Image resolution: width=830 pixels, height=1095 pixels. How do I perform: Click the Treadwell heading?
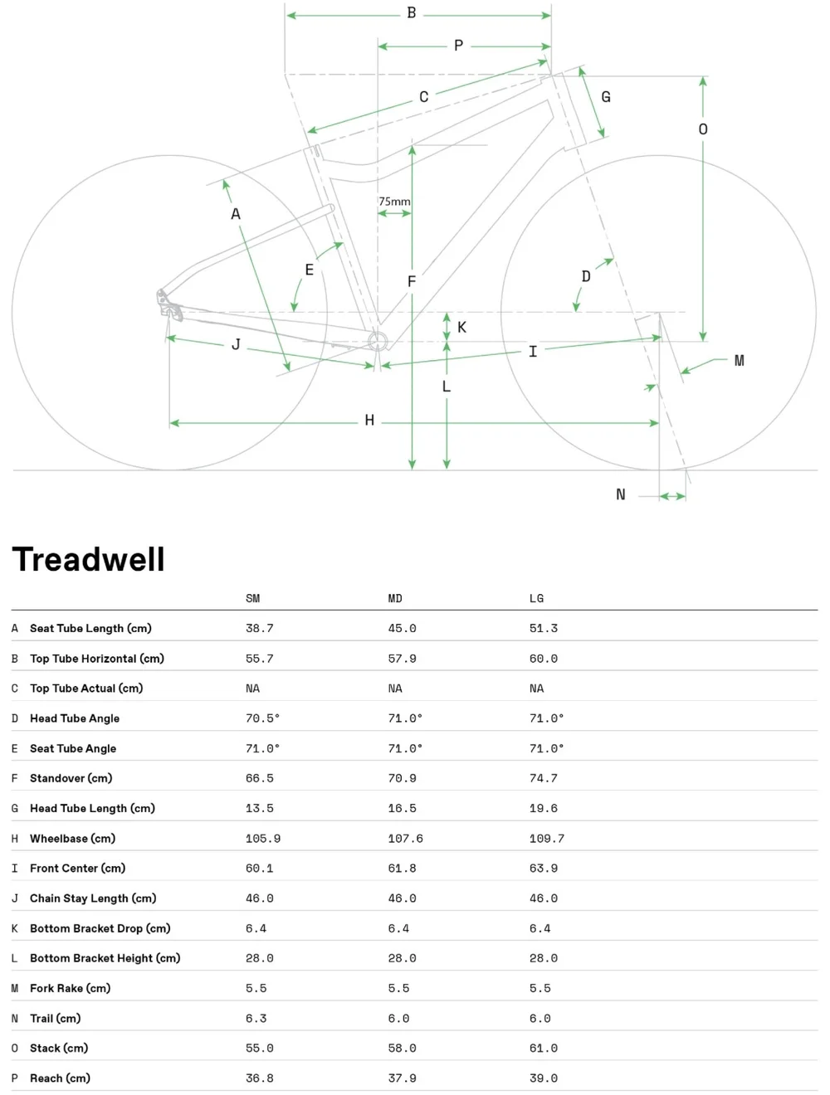(89, 560)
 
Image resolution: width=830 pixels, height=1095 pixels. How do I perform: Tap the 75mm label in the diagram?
(394, 202)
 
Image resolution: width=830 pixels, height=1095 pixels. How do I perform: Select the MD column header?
(395, 598)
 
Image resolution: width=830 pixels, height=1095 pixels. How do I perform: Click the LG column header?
(537, 598)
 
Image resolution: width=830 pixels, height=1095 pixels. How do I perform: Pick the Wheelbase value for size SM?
(263, 839)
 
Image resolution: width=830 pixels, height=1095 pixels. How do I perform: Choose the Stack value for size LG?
(544, 1049)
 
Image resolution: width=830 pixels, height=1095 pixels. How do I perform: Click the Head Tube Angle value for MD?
(405, 718)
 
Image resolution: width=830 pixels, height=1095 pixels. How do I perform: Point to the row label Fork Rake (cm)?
(70, 988)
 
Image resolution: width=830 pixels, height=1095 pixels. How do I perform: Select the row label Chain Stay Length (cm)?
(93, 898)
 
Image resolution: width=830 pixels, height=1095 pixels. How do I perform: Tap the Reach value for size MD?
(402, 1078)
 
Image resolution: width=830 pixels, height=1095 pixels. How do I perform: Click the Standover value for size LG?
(544, 778)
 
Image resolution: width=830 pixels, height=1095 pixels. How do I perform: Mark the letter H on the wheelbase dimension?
(369, 421)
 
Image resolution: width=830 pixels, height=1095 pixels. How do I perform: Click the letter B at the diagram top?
(412, 13)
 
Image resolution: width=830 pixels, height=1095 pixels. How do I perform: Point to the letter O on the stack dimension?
(703, 129)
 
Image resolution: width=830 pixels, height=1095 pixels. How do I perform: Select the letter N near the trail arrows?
(621, 494)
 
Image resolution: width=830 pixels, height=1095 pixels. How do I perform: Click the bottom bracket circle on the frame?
(378, 341)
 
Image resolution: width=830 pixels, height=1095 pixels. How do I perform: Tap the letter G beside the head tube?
(606, 97)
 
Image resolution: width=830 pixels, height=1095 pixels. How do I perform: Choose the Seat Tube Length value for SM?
(260, 629)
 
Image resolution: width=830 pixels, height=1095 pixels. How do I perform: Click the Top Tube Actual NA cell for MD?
(395, 689)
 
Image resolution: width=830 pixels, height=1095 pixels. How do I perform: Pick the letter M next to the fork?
(739, 361)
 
